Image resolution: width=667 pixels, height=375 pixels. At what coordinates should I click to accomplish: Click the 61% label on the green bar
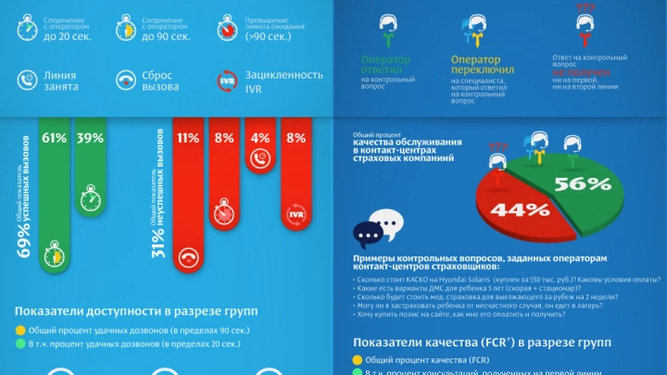tap(54, 138)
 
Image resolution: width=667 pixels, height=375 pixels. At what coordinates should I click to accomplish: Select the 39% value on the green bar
tap(90, 138)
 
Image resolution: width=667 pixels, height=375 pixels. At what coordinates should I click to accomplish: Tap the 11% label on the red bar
tap(189, 138)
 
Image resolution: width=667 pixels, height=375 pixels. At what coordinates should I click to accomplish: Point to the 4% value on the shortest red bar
tap(260, 138)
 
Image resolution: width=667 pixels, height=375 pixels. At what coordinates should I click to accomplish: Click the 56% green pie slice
tap(584, 182)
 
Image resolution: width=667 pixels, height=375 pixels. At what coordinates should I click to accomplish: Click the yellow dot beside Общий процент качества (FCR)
tap(357, 359)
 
